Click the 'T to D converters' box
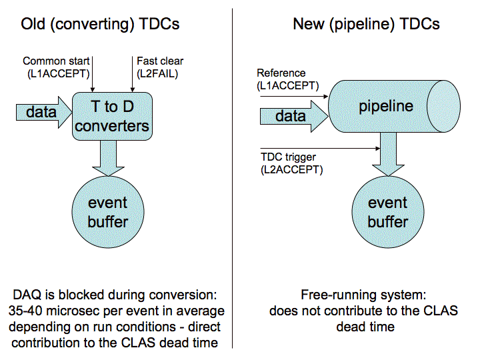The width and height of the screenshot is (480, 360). (112, 116)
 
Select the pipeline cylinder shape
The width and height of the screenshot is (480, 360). (394, 106)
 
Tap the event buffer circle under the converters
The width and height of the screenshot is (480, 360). (108, 212)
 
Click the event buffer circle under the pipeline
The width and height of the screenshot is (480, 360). (388, 212)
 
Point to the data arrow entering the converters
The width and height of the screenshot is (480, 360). (44, 113)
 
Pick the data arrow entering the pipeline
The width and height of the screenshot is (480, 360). (294, 116)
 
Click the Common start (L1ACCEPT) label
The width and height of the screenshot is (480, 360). (56, 67)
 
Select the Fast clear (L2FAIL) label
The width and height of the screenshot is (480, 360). (160, 67)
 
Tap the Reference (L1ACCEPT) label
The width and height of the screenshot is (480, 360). (287, 79)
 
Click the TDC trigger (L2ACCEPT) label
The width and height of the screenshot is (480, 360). (292, 163)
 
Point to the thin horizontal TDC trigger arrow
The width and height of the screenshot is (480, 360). (320, 149)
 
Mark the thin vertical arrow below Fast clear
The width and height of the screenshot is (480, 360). (132, 74)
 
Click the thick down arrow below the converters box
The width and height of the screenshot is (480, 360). (109, 158)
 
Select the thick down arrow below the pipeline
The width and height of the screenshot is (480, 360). (388, 155)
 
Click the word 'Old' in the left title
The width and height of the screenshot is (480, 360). (33, 24)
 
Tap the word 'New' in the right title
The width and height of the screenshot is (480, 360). (309, 24)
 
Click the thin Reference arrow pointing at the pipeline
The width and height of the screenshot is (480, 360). (294, 97)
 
